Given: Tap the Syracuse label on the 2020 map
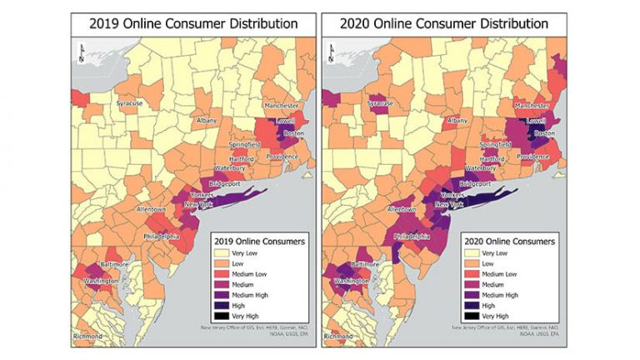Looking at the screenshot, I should pyautogui.click(x=379, y=103).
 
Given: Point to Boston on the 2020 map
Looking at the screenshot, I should pyautogui.click(x=543, y=133).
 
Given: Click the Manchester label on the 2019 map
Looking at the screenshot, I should pyautogui.click(x=282, y=107).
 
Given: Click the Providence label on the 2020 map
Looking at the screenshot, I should pyautogui.click(x=534, y=157).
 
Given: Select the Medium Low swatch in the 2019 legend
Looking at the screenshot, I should pyautogui.click(x=222, y=274).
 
